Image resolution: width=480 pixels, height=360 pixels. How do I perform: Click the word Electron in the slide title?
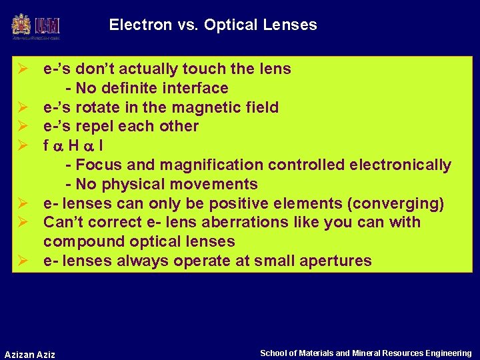136,25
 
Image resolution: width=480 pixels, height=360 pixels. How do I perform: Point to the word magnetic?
204,107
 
